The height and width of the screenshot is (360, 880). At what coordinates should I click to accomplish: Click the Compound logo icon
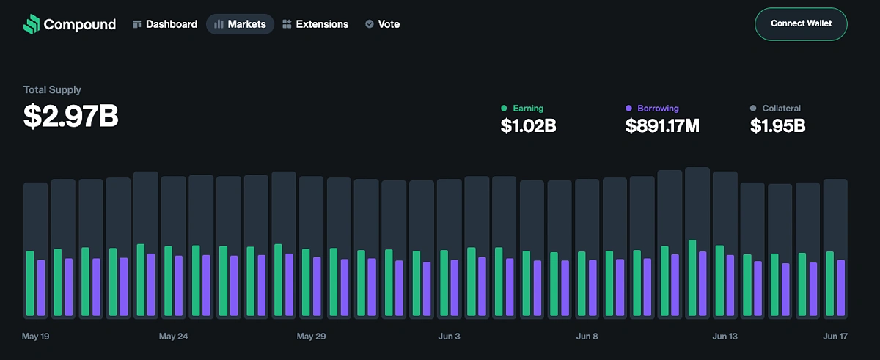[31, 24]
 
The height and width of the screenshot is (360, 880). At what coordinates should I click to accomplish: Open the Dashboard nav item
[165, 24]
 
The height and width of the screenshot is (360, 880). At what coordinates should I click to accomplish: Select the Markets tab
[240, 24]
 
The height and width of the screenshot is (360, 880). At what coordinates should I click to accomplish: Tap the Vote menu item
[382, 24]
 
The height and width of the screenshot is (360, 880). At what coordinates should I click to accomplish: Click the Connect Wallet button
[801, 23]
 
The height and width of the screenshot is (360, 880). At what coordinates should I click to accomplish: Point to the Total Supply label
[52, 89]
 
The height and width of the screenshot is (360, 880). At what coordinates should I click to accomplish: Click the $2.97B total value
[70, 117]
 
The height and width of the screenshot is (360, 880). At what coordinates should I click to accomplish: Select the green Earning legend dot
[504, 109]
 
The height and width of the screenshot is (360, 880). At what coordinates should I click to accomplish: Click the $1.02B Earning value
[528, 126]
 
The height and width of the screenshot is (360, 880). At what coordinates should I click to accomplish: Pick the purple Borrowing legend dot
[628, 109]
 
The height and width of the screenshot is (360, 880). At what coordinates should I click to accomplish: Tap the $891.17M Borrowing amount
[662, 126]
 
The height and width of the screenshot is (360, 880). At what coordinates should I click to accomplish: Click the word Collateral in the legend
[781, 109]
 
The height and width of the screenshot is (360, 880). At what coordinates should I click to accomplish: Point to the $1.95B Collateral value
[777, 126]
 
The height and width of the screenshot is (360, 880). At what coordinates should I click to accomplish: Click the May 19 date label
[36, 337]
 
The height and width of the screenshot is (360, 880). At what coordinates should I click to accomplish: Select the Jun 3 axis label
[449, 337]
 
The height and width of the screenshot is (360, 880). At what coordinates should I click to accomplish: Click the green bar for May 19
[30, 284]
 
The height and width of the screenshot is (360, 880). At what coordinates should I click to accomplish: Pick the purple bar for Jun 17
[841, 287]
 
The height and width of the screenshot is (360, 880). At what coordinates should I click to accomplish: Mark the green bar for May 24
[168, 281]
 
